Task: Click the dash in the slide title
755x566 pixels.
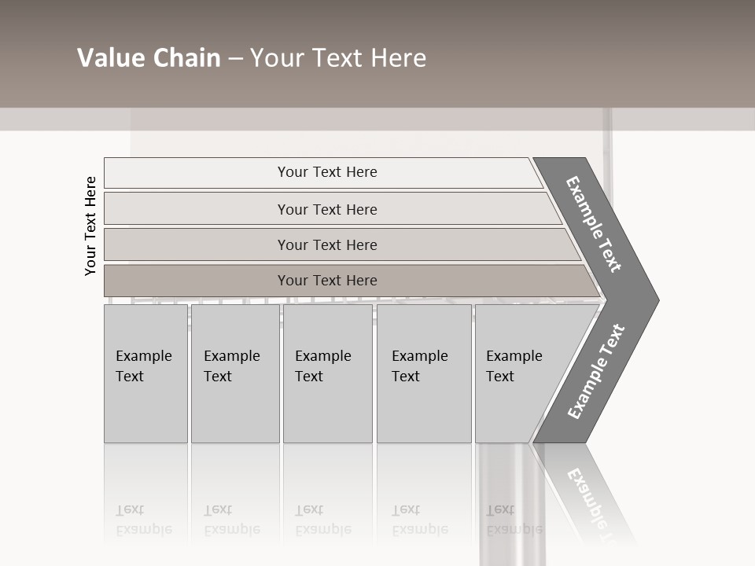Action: pos(235,59)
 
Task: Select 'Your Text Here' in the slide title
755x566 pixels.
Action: pos(338,58)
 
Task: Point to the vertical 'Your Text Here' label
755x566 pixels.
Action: pos(90,226)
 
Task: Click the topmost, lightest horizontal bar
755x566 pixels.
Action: pos(326,172)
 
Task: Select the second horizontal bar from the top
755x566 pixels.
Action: pos(326,209)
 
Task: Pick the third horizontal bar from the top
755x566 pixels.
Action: pos(326,244)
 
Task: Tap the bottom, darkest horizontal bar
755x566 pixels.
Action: pos(326,281)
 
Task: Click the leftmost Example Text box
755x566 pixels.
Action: pos(145,373)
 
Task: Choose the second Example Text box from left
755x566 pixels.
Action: pos(234,373)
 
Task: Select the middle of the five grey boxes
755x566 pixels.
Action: pos(327,373)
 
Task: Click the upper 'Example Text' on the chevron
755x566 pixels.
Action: pos(594,224)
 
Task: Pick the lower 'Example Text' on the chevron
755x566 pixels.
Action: pos(596,371)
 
